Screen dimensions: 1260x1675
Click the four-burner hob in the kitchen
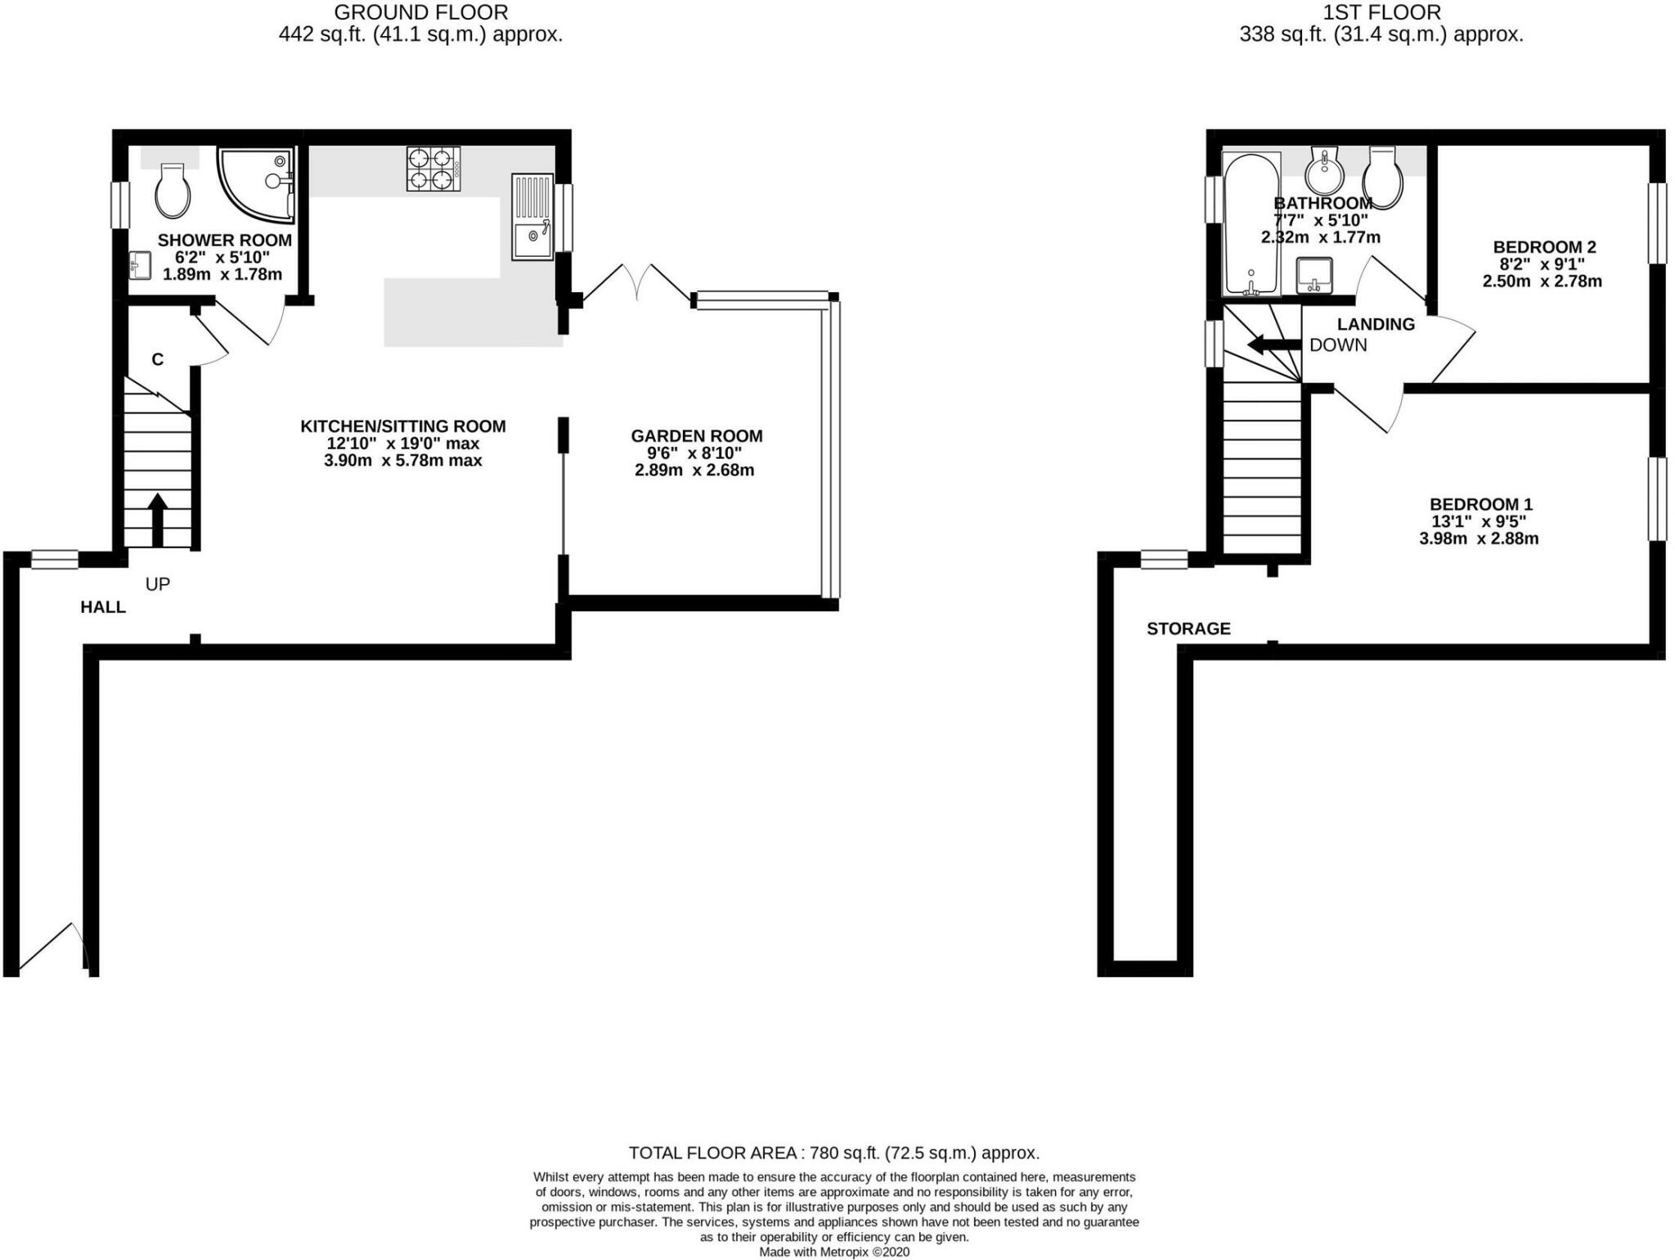click(x=433, y=169)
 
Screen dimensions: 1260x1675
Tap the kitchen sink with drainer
click(x=532, y=217)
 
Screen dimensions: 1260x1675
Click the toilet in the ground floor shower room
click(x=173, y=191)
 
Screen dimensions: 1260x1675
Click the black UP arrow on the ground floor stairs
click(x=158, y=519)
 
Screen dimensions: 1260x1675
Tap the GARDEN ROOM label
click(x=696, y=436)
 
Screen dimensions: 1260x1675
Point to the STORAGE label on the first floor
click(x=1188, y=628)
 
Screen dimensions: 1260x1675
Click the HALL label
click(x=103, y=607)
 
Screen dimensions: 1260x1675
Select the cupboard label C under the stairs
click(x=158, y=359)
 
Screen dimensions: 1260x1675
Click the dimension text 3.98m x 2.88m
click(x=1479, y=538)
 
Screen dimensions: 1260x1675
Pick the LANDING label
click(x=1376, y=324)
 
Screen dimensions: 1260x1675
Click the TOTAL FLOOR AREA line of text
click(x=833, y=1153)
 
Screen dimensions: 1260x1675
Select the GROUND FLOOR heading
click(x=420, y=12)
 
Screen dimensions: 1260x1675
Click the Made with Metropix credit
click(x=833, y=1252)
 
